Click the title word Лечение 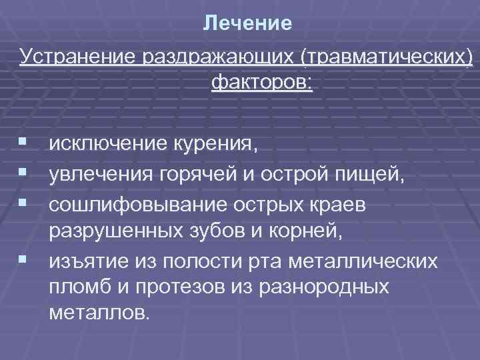[247, 24]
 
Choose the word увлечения [101, 174]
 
